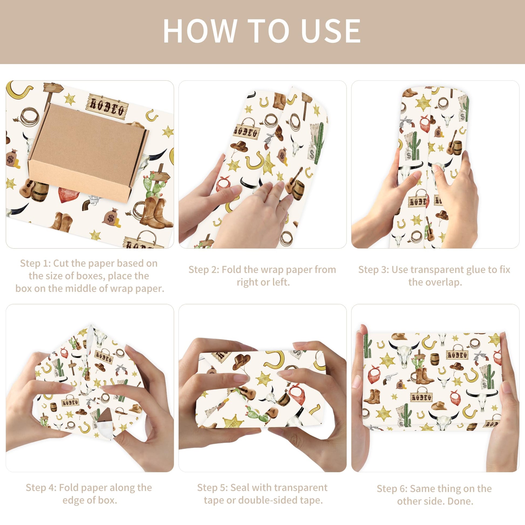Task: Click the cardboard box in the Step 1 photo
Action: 88,152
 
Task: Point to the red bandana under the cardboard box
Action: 69,195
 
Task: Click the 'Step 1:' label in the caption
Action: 35,263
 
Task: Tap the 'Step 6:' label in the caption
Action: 392,489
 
